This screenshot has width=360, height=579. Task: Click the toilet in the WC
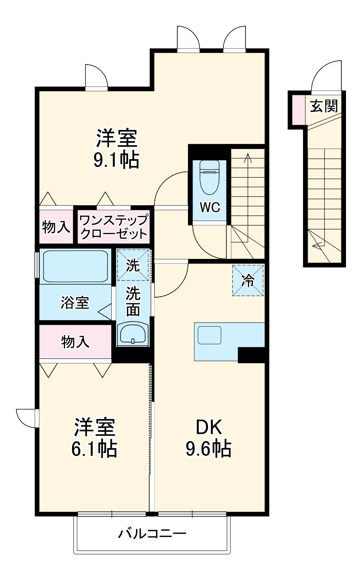(209, 177)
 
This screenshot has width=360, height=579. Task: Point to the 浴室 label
(75, 303)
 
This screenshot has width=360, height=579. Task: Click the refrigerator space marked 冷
(248, 280)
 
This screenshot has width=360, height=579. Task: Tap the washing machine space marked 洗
(133, 266)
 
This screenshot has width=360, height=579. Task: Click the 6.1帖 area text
(94, 449)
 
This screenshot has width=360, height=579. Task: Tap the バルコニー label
(152, 533)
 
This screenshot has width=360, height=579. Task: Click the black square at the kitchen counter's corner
(251, 355)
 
